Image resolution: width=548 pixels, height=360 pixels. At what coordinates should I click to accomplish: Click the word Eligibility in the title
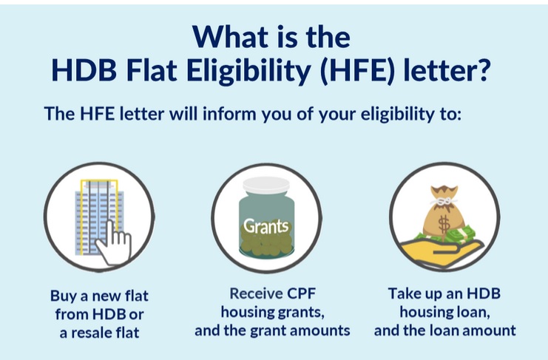[248, 70]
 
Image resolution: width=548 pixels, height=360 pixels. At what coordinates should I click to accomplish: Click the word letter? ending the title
[447, 70]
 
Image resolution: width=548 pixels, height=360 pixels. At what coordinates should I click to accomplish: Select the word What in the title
[224, 37]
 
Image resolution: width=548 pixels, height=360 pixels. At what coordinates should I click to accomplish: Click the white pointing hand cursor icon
[113, 242]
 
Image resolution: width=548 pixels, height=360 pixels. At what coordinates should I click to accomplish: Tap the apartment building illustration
[99, 217]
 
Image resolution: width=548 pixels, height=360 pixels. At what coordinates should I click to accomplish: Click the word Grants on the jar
[266, 226]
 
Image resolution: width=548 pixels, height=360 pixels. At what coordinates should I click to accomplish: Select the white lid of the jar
[266, 185]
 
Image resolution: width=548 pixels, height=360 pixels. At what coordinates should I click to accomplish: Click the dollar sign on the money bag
[444, 224]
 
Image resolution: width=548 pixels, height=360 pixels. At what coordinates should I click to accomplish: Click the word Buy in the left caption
[64, 296]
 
